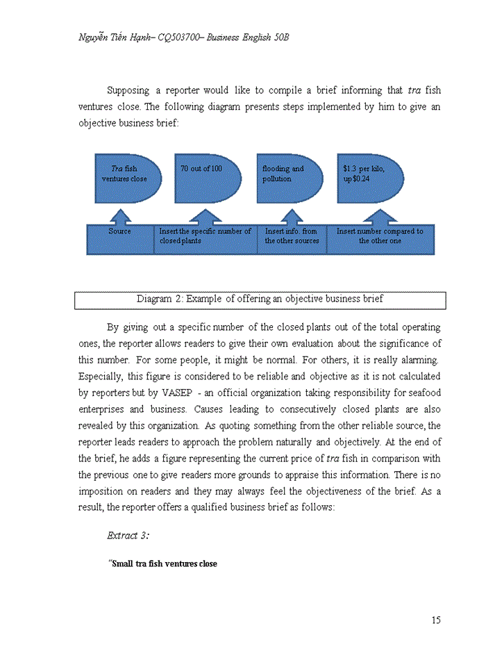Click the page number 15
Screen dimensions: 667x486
435,620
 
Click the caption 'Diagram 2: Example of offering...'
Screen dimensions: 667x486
260,299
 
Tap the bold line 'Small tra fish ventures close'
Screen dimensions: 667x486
162,563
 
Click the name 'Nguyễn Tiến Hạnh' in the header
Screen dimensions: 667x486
112,37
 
